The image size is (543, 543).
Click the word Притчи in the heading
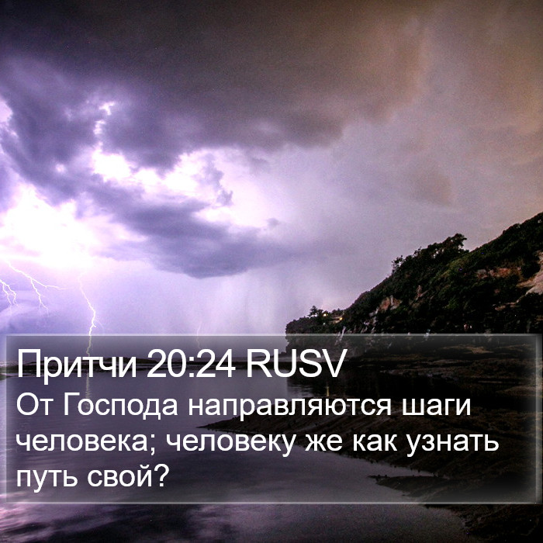click(77, 365)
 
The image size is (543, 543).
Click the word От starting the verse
click(34, 405)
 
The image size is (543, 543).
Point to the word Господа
click(120, 406)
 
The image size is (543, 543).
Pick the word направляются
click(290, 406)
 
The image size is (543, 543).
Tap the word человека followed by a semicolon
click(81, 442)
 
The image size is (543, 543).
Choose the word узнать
click(453, 444)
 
